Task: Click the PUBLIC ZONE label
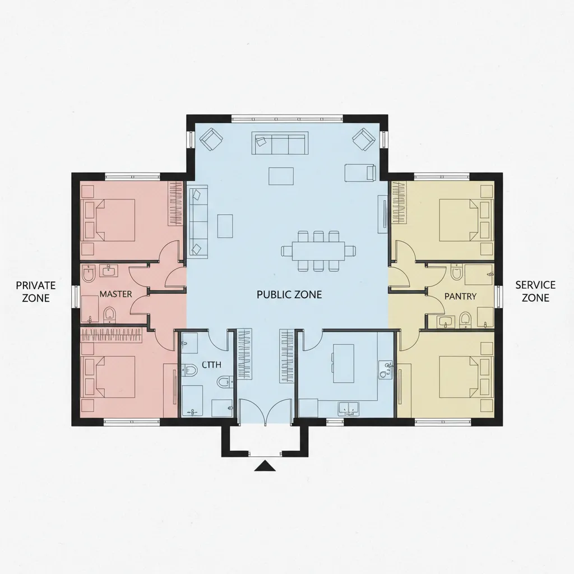(289, 295)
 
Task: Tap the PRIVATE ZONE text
(36, 291)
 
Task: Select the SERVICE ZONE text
(535, 291)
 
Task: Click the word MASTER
(115, 294)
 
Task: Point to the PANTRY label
(460, 296)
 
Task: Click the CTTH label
(211, 365)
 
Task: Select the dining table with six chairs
(318, 251)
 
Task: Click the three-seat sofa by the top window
(280, 143)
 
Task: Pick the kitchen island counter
(344, 363)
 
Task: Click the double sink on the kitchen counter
(348, 409)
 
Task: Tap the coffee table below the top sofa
(281, 176)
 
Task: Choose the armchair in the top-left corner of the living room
(211, 139)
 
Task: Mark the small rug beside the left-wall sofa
(225, 226)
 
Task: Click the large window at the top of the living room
(288, 119)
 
